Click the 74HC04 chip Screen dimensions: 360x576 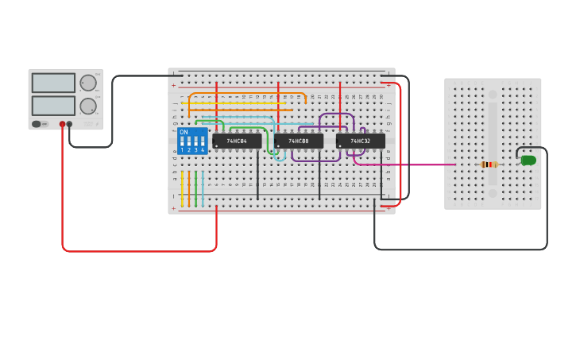coord(237,141)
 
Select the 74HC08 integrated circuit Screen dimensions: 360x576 coord(299,141)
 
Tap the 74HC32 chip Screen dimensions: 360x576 coord(361,141)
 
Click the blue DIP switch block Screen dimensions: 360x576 coord(192,141)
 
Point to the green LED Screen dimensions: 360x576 coord(528,161)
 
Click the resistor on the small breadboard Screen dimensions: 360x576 coord(489,165)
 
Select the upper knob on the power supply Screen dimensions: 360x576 coord(88,83)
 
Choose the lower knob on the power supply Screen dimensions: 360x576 coord(88,106)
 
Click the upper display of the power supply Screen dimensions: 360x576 coord(53,83)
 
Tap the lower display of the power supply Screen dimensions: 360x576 coord(53,106)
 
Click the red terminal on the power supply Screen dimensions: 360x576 coord(62,124)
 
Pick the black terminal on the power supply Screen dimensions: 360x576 coord(70,124)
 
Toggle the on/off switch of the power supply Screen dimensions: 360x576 coord(37,124)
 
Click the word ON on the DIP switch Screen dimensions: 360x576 coord(184,132)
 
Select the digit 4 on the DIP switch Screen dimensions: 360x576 coord(203,149)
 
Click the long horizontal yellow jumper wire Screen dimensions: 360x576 coord(234,103)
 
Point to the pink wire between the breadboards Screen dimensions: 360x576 coord(413,165)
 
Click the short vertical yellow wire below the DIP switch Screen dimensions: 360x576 coord(182,189)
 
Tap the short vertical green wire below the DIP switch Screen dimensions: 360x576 coord(195,189)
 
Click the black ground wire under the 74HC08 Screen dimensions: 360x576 coord(319,179)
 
